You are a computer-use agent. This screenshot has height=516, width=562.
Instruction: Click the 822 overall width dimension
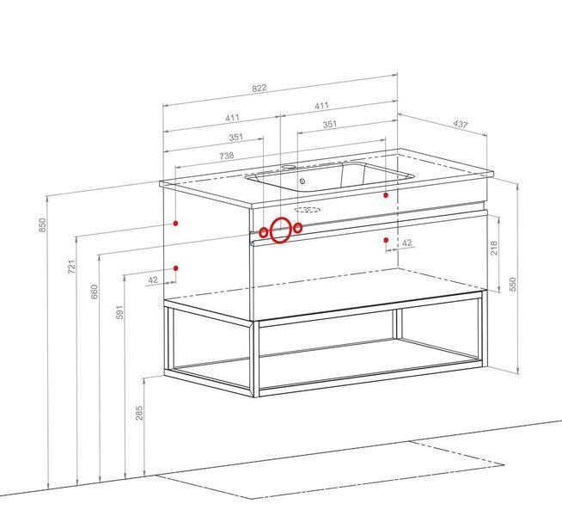(260, 89)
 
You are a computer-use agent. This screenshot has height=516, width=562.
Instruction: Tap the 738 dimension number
(227, 156)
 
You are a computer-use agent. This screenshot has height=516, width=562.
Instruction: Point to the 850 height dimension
(43, 224)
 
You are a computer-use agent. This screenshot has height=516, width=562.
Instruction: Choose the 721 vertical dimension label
(71, 267)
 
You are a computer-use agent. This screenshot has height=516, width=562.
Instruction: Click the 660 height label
(94, 292)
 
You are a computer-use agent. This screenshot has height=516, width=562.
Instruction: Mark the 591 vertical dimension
(119, 312)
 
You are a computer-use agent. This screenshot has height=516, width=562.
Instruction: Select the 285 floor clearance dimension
(139, 413)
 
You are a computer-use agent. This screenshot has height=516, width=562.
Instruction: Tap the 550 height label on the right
(513, 284)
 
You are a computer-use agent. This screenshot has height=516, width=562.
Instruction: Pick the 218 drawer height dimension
(494, 249)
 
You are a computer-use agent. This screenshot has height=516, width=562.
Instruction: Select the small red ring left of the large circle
(263, 233)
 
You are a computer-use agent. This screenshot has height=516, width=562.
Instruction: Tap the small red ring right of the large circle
(297, 228)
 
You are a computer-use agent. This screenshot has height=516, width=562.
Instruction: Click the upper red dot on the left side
(175, 223)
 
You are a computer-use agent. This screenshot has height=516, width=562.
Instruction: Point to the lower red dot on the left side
(176, 267)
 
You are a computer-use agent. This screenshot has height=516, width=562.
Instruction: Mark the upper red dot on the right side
(386, 195)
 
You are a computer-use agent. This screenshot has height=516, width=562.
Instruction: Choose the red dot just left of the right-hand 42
(386, 240)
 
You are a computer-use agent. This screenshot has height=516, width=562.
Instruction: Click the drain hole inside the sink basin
(302, 181)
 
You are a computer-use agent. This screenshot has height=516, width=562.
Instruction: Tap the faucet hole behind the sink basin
(289, 167)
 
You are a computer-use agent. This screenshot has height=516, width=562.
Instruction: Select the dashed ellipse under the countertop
(307, 210)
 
